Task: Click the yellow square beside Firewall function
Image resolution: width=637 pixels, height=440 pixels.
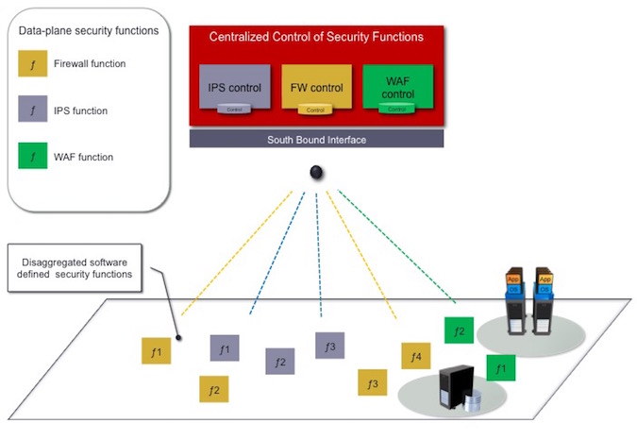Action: tap(33, 64)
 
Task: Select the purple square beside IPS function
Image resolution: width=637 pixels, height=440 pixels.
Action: tap(33, 110)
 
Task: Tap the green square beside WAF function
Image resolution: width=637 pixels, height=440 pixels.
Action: tap(33, 156)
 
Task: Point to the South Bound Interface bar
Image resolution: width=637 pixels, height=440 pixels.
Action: tap(317, 140)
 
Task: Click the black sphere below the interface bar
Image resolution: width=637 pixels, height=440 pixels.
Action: tap(318, 172)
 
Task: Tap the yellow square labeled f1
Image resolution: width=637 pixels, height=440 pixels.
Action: tap(156, 351)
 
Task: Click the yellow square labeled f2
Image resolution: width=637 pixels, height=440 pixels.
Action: tap(213, 389)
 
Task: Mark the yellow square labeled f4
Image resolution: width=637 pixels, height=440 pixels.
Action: tap(415, 355)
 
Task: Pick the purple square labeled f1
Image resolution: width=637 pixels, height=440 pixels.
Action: tap(224, 347)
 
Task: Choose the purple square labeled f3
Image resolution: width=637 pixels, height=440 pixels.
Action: tap(329, 345)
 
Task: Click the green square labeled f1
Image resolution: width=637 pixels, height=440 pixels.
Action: tap(501, 367)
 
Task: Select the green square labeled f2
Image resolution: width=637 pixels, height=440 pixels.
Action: tap(459, 330)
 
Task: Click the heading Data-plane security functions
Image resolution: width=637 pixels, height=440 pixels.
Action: tap(89, 31)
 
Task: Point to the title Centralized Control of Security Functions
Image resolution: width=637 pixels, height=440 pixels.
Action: tap(316, 37)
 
